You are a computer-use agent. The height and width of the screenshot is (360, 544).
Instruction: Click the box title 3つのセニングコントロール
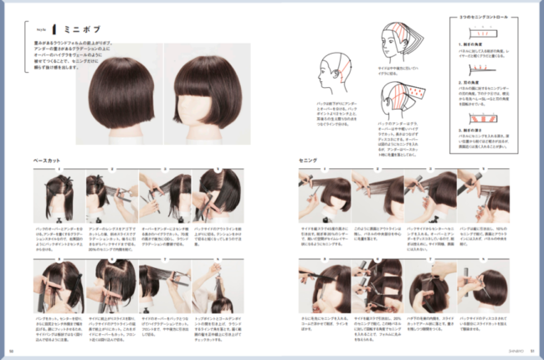point(485,17)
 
